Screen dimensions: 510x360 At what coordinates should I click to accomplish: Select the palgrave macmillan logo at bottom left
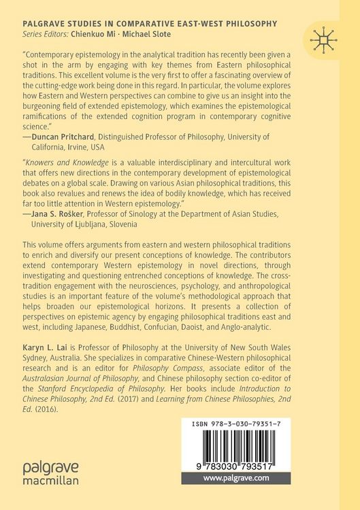[x=50, y=473]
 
